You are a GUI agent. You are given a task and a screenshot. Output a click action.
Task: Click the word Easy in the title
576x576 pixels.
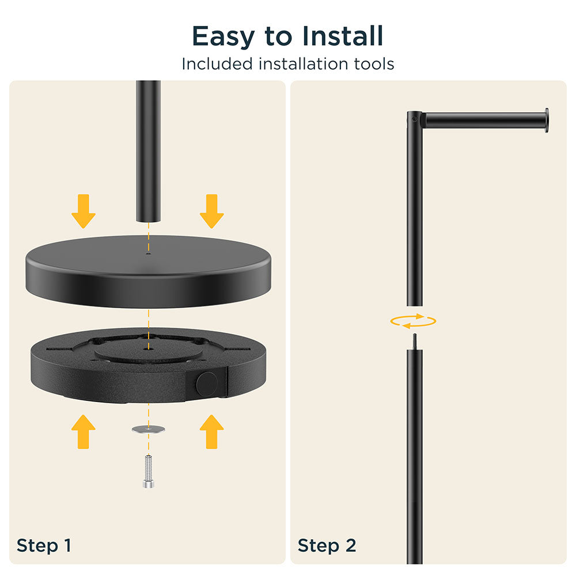223,37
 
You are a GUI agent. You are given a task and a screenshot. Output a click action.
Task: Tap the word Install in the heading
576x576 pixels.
343,36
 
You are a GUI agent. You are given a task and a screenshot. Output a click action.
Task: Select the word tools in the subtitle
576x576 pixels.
374,64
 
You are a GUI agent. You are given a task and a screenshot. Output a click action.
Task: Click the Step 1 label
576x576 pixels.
44,545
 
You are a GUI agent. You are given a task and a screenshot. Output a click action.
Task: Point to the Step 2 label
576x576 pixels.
327,545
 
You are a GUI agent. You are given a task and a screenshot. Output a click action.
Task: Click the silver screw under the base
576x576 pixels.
149,471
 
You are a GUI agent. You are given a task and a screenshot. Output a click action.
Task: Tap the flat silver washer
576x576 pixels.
149,429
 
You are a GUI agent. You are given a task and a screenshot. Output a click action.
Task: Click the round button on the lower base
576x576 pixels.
207,384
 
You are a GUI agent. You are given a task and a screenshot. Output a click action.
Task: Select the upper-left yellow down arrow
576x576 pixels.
84,211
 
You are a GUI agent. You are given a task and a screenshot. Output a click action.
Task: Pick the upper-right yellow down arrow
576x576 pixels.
212,211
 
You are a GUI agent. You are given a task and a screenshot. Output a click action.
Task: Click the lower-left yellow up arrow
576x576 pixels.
84,431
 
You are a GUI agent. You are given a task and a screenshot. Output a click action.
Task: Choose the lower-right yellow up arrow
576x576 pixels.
212,431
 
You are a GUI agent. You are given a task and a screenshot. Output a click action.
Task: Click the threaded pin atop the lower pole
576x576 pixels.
415,342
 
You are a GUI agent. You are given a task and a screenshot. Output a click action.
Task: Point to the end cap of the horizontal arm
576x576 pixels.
547,120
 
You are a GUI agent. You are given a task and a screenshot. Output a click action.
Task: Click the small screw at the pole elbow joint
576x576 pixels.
414,119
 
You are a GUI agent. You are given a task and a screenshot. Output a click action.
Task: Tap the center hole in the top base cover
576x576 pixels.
149,253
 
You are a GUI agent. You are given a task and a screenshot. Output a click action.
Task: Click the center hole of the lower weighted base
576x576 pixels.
149,347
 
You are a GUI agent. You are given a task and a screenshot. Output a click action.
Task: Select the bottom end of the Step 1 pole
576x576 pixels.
149,221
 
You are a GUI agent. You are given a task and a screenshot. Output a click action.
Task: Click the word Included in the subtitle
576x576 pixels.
217,64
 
